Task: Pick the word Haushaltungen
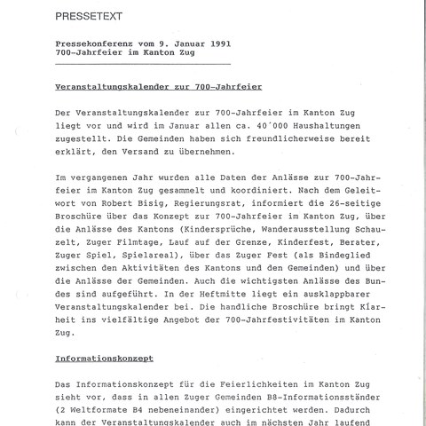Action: point(334,128)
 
